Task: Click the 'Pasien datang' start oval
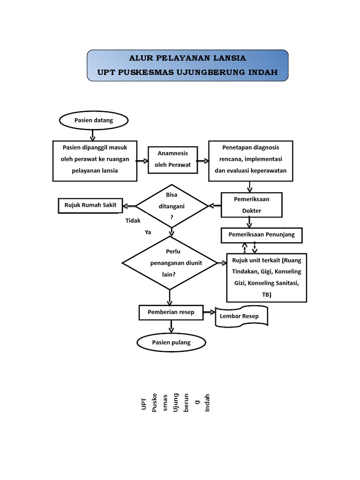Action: tap(94, 120)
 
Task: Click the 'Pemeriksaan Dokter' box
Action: tap(251, 205)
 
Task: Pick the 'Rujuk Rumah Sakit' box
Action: tap(90, 205)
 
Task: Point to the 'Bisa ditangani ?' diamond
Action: tap(172, 206)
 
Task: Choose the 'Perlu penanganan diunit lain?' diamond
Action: tap(169, 263)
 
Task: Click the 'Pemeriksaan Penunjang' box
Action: tap(262, 234)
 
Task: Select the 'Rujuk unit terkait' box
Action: tap(267, 277)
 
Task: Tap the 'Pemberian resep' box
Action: tap(171, 312)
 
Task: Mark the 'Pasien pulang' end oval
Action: tap(171, 343)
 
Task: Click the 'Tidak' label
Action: tap(133, 220)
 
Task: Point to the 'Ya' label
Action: tap(148, 232)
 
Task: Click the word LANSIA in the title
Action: tap(225, 59)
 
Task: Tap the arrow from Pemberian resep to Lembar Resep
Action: tap(208, 312)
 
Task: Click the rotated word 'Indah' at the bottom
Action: tap(208, 402)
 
